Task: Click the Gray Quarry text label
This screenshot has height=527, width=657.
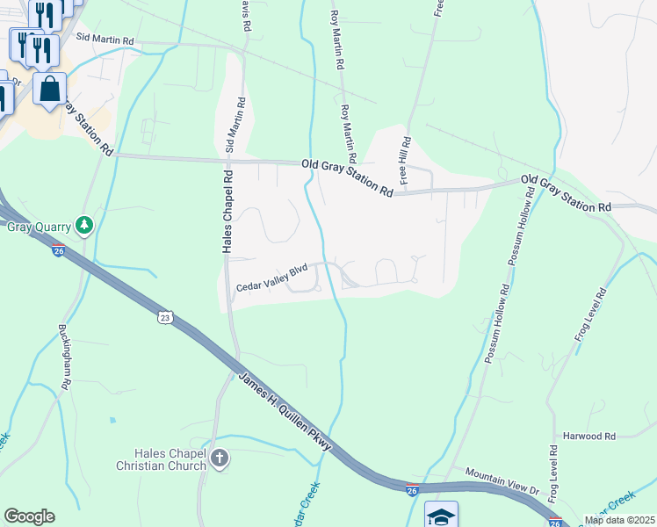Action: (38, 227)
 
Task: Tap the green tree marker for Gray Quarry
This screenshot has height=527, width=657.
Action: (84, 226)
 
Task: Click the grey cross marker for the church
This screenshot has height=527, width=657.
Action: (220, 458)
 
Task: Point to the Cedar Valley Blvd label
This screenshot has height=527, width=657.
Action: (273, 278)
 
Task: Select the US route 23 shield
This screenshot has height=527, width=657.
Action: (165, 317)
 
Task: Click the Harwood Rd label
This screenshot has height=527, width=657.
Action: (591, 436)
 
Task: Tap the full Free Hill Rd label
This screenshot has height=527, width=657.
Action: (405, 158)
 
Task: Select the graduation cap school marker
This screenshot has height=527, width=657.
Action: (441, 516)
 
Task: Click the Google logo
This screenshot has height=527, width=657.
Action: (29, 516)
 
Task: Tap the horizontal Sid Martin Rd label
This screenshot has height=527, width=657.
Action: (105, 39)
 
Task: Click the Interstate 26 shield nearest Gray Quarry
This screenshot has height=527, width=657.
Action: (58, 250)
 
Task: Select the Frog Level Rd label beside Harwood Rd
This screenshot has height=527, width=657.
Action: (552, 474)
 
